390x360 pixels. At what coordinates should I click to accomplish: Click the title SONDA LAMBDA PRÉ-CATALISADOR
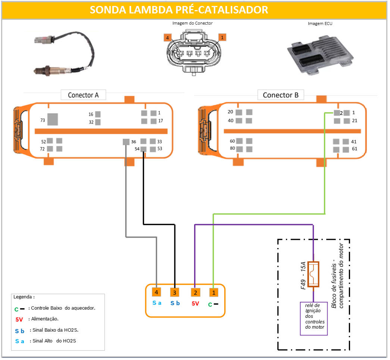point(179,10)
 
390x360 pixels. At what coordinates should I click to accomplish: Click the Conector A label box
point(83,95)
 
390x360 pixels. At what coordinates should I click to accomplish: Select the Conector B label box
point(281,95)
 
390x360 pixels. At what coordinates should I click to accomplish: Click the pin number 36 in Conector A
point(134,142)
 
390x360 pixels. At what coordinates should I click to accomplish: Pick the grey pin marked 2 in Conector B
point(337,113)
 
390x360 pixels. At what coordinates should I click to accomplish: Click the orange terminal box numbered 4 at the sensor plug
point(157,292)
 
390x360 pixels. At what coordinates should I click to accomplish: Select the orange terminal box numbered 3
point(175,292)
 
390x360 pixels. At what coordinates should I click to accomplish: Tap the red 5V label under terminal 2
point(195,304)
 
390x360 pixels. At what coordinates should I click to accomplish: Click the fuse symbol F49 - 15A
point(313,274)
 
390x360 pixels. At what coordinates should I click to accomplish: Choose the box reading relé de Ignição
point(314,318)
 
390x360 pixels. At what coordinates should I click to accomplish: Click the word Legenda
point(24,297)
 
